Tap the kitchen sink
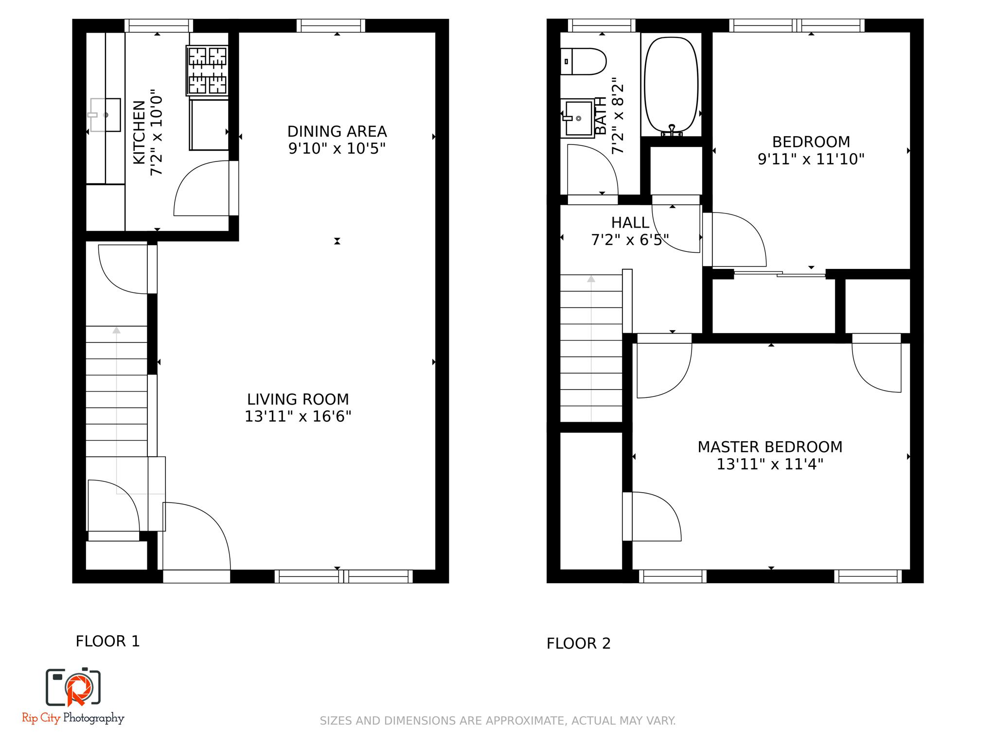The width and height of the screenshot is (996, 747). [x=106, y=115]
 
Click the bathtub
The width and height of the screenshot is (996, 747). [x=671, y=83]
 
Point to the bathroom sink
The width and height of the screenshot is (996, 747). [x=578, y=118]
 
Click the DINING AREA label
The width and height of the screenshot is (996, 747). [x=337, y=132]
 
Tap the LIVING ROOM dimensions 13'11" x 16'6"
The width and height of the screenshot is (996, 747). [x=298, y=417]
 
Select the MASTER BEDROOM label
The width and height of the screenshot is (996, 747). [x=770, y=447]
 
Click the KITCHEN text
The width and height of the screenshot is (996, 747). [x=139, y=132]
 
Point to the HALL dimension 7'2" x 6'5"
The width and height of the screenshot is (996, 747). [x=630, y=240]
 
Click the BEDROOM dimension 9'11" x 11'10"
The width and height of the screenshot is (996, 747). [x=811, y=160]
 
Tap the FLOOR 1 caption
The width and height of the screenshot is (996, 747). [x=107, y=641]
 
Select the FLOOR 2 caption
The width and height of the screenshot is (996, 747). [x=578, y=644]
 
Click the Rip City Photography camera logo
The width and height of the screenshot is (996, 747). [x=73, y=687]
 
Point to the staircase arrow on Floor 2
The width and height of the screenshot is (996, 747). [x=591, y=279]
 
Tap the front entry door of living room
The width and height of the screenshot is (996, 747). [x=197, y=535]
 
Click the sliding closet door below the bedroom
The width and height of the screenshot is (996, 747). [x=780, y=274]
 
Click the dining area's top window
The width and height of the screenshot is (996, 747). [x=331, y=25]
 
